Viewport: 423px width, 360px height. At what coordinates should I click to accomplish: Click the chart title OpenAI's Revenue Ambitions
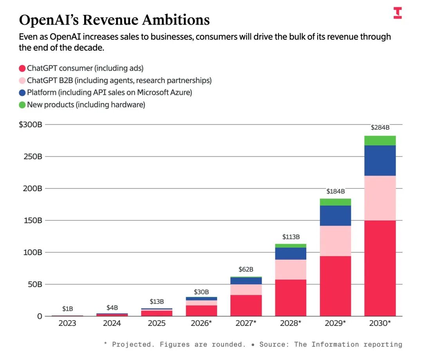click(114, 20)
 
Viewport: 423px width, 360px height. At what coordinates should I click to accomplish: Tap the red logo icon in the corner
click(398, 13)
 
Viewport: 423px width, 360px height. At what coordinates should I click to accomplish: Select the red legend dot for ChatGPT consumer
click(22, 69)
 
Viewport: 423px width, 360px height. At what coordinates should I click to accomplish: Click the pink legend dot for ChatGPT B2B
click(22, 81)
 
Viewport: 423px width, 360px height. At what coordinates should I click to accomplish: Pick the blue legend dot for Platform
click(22, 93)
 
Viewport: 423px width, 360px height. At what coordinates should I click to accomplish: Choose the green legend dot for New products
click(22, 105)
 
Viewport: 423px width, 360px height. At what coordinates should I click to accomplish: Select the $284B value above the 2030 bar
click(380, 128)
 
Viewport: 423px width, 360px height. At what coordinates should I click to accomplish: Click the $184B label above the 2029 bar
click(335, 192)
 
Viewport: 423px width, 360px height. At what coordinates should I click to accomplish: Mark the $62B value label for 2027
click(246, 270)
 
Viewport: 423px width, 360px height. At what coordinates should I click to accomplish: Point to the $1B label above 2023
click(67, 309)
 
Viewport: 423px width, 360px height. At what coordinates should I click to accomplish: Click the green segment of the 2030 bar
click(380, 141)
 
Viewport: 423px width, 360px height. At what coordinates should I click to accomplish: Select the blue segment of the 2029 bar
click(335, 215)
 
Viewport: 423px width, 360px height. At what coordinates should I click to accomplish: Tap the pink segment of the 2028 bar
click(291, 270)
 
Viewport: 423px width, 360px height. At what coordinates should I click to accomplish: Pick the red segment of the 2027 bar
click(246, 306)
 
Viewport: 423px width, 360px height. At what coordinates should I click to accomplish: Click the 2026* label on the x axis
click(201, 324)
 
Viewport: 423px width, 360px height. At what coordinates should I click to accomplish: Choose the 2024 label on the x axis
click(112, 324)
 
